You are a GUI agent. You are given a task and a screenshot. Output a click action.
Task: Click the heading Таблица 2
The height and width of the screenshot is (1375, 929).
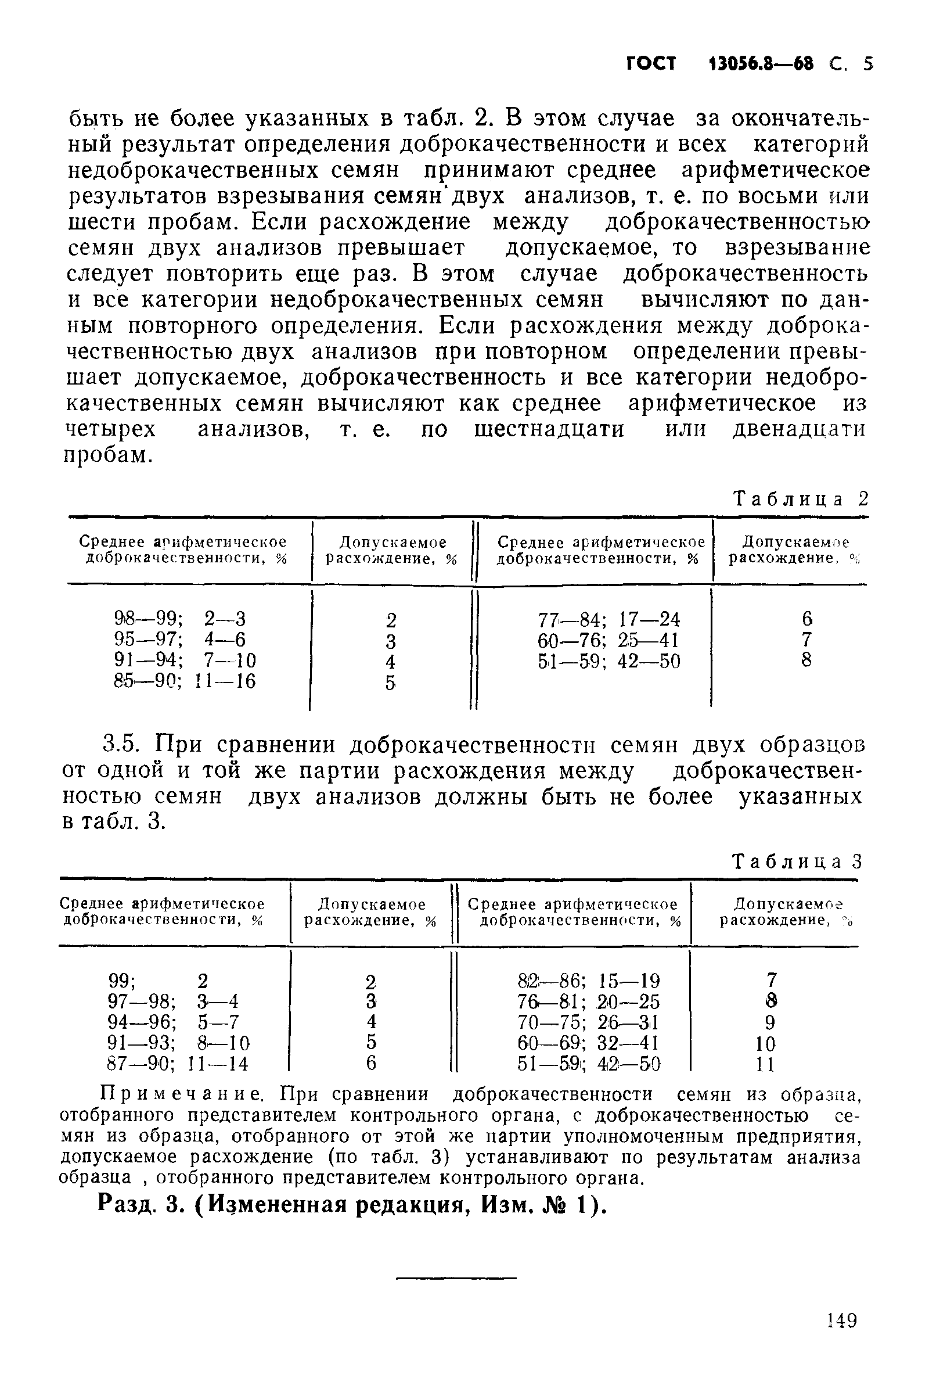[x=800, y=500]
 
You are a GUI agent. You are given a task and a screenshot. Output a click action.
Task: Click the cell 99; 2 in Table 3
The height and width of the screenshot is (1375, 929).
[x=158, y=981]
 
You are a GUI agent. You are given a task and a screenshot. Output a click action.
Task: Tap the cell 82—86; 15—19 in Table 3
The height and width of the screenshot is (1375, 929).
[x=588, y=981]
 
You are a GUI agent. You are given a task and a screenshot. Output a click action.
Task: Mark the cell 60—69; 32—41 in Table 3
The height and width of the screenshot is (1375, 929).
[x=588, y=1043]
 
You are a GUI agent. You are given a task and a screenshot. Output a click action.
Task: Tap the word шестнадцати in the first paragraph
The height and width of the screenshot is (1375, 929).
[x=549, y=429]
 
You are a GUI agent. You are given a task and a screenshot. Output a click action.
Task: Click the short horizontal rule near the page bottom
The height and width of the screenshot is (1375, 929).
[x=456, y=1278]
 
